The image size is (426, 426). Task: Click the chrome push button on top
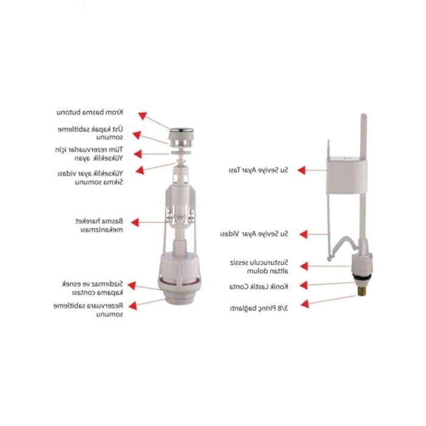pyautogui.click(x=181, y=130)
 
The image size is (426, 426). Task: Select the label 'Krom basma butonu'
pyautogui.click(x=89, y=112)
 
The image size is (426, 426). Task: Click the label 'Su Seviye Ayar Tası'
pyautogui.click(x=259, y=170)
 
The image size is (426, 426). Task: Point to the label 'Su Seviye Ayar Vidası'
pyautogui.click(x=254, y=234)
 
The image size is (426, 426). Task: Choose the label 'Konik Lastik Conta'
pyautogui.click(x=259, y=287)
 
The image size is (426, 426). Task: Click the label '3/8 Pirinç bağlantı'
pyautogui.click(x=259, y=309)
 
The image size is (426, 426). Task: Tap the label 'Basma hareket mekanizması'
pyautogui.click(x=99, y=225)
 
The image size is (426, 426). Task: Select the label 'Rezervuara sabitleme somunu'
pyautogui.click(x=88, y=310)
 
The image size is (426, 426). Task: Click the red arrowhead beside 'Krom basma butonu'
pyautogui.click(x=142, y=116)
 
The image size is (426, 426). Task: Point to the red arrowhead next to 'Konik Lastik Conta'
pyautogui.click(x=304, y=285)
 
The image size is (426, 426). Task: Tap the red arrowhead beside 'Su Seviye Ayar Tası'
pyautogui.click(x=302, y=170)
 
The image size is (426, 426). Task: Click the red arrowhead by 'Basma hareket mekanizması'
pyautogui.click(x=135, y=222)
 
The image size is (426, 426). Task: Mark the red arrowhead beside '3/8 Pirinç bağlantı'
pyautogui.click(x=305, y=304)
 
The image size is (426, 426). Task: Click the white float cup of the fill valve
pyautogui.click(x=347, y=176)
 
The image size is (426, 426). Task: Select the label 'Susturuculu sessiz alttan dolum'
pyautogui.click(x=259, y=267)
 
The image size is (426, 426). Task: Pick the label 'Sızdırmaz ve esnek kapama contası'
pyautogui.click(x=93, y=288)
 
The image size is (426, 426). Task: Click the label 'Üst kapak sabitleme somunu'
pyautogui.click(x=91, y=133)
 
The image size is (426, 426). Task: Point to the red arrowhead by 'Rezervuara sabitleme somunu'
pyautogui.click(x=133, y=306)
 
